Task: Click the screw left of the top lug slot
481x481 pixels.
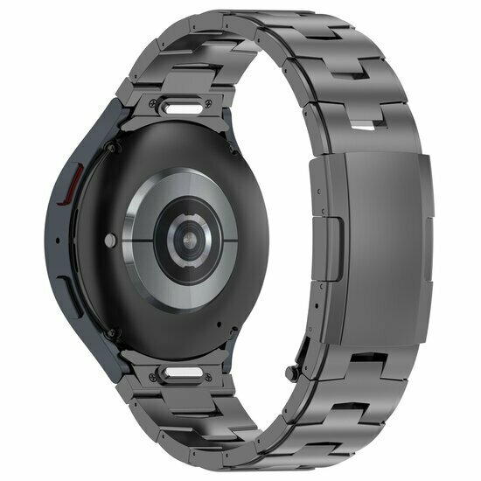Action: [x=158, y=110]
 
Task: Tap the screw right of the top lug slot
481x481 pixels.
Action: [x=230, y=113]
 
